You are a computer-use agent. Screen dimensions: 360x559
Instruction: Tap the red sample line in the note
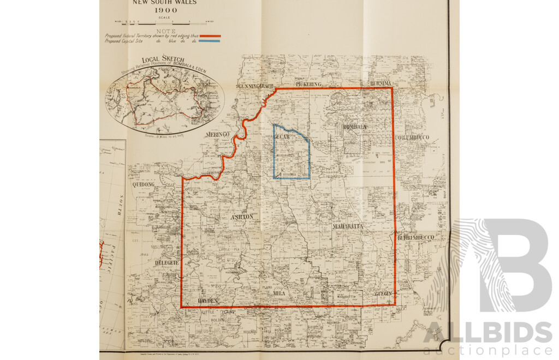click(210, 35)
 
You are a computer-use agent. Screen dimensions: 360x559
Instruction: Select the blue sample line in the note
click(210, 40)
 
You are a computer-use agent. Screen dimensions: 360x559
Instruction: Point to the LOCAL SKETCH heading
click(163, 59)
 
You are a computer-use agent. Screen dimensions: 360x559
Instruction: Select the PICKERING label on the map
click(310, 85)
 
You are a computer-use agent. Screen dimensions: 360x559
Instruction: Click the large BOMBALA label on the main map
click(355, 127)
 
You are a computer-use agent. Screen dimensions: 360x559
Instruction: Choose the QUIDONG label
click(144, 185)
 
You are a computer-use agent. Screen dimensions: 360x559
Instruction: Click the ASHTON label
click(242, 217)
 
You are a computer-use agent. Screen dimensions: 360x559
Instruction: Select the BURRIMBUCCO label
click(415, 237)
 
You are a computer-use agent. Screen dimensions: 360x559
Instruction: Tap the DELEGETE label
click(166, 262)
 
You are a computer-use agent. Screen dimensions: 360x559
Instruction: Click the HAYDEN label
click(207, 301)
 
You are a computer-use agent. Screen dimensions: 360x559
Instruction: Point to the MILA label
click(279, 293)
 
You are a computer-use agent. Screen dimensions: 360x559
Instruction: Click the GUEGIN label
click(383, 293)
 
